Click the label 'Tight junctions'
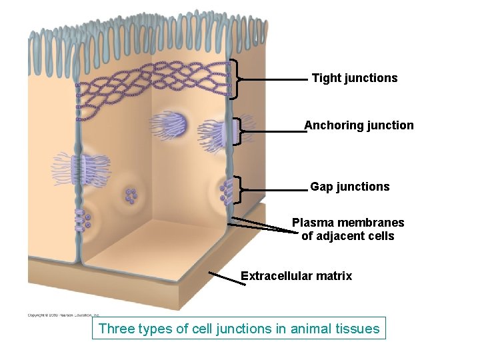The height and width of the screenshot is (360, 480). (x=354, y=78)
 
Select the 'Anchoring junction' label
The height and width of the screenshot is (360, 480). (x=359, y=125)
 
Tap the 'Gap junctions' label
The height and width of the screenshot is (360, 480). (x=349, y=187)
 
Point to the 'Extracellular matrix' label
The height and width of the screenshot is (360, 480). (x=296, y=276)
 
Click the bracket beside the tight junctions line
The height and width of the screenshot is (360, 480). (x=235, y=79)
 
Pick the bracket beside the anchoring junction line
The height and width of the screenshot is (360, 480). (x=238, y=131)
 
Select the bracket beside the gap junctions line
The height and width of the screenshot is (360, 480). (x=237, y=190)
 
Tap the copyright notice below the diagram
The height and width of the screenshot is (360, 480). (x=63, y=315)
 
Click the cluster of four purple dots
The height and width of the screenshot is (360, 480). (x=131, y=196)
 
